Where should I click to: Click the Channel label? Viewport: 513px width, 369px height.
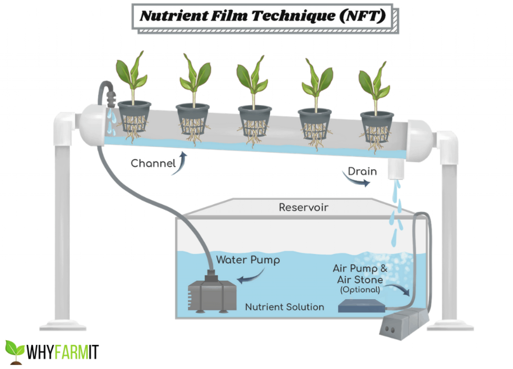pyautogui.click(x=153, y=164)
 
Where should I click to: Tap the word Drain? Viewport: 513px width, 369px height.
pyautogui.click(x=362, y=172)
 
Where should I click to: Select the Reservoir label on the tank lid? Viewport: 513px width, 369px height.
pyautogui.click(x=303, y=207)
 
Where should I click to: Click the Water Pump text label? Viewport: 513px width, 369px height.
pyautogui.click(x=248, y=260)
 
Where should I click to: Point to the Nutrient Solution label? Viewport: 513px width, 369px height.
pyautogui.click(x=285, y=307)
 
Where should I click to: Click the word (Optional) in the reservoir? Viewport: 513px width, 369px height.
pyautogui.click(x=360, y=290)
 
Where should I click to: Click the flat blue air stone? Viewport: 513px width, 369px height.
pyautogui.click(x=361, y=306)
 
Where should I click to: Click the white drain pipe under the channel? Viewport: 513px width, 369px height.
pyautogui.click(x=396, y=170)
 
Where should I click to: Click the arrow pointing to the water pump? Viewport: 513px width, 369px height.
pyautogui.click(x=250, y=277)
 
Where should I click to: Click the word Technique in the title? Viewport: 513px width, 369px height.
pyautogui.click(x=293, y=16)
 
